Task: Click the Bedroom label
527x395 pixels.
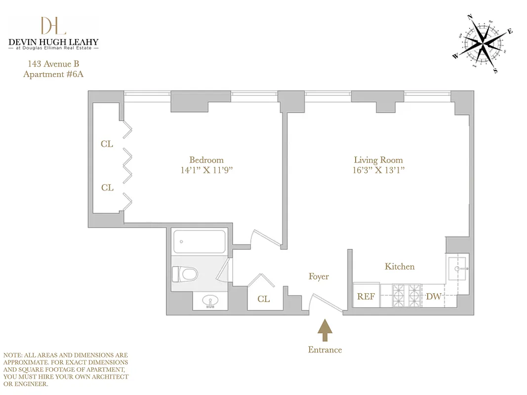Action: tap(206, 160)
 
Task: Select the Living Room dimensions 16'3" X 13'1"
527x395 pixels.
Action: tap(378, 170)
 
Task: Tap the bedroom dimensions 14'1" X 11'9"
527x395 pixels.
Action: tap(206, 170)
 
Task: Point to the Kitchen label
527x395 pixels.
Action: tap(400, 267)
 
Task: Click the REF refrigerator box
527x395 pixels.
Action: tap(366, 296)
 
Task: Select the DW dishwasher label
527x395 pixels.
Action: tap(433, 297)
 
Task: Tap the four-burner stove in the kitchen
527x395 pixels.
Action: tap(407, 295)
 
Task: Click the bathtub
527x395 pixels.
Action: tap(199, 241)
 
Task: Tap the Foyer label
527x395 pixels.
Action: tap(319, 276)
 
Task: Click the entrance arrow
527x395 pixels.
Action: tap(324, 330)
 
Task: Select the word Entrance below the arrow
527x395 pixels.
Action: tap(324, 350)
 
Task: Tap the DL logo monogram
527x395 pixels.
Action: tap(53, 26)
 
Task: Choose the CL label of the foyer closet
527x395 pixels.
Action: tap(263, 299)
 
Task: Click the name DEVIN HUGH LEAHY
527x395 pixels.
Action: tap(53, 42)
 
